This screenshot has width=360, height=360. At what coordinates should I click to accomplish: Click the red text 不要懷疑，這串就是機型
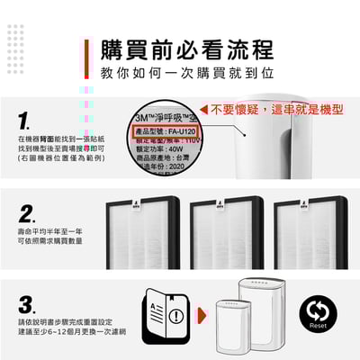[279, 109]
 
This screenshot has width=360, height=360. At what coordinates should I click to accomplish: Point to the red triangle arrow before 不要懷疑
[203, 109]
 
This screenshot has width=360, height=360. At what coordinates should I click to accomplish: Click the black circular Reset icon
[318, 312]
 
